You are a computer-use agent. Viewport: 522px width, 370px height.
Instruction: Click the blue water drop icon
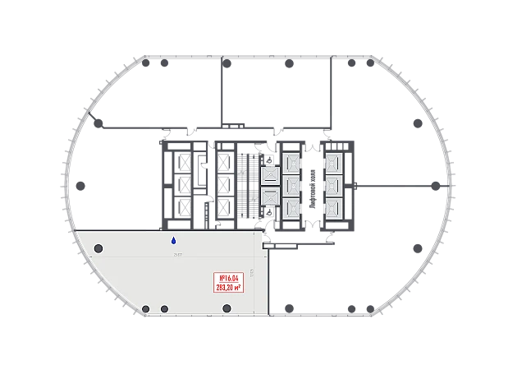[x=173, y=241]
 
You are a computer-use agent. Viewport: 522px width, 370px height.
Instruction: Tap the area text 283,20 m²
[x=227, y=288]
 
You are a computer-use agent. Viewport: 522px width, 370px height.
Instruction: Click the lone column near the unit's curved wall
[x=98, y=248]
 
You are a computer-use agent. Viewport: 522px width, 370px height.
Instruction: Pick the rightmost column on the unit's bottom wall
[x=227, y=308]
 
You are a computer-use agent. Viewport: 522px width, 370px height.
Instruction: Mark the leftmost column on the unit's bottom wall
[x=146, y=309]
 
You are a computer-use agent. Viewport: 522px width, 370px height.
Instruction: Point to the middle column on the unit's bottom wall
[x=164, y=309]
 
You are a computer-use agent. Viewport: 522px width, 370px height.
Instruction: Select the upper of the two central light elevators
[x=270, y=175]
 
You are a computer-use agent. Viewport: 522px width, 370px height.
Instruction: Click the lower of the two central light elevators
[x=270, y=196]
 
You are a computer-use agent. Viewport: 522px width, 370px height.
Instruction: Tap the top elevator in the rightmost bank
[x=334, y=161]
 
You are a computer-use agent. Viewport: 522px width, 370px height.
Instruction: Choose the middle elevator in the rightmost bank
[x=334, y=184]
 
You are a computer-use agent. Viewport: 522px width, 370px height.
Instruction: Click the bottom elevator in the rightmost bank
[x=334, y=207]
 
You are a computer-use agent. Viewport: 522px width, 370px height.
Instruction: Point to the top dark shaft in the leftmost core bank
[x=181, y=162]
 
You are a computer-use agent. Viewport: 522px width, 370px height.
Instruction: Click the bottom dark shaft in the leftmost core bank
[x=181, y=207]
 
